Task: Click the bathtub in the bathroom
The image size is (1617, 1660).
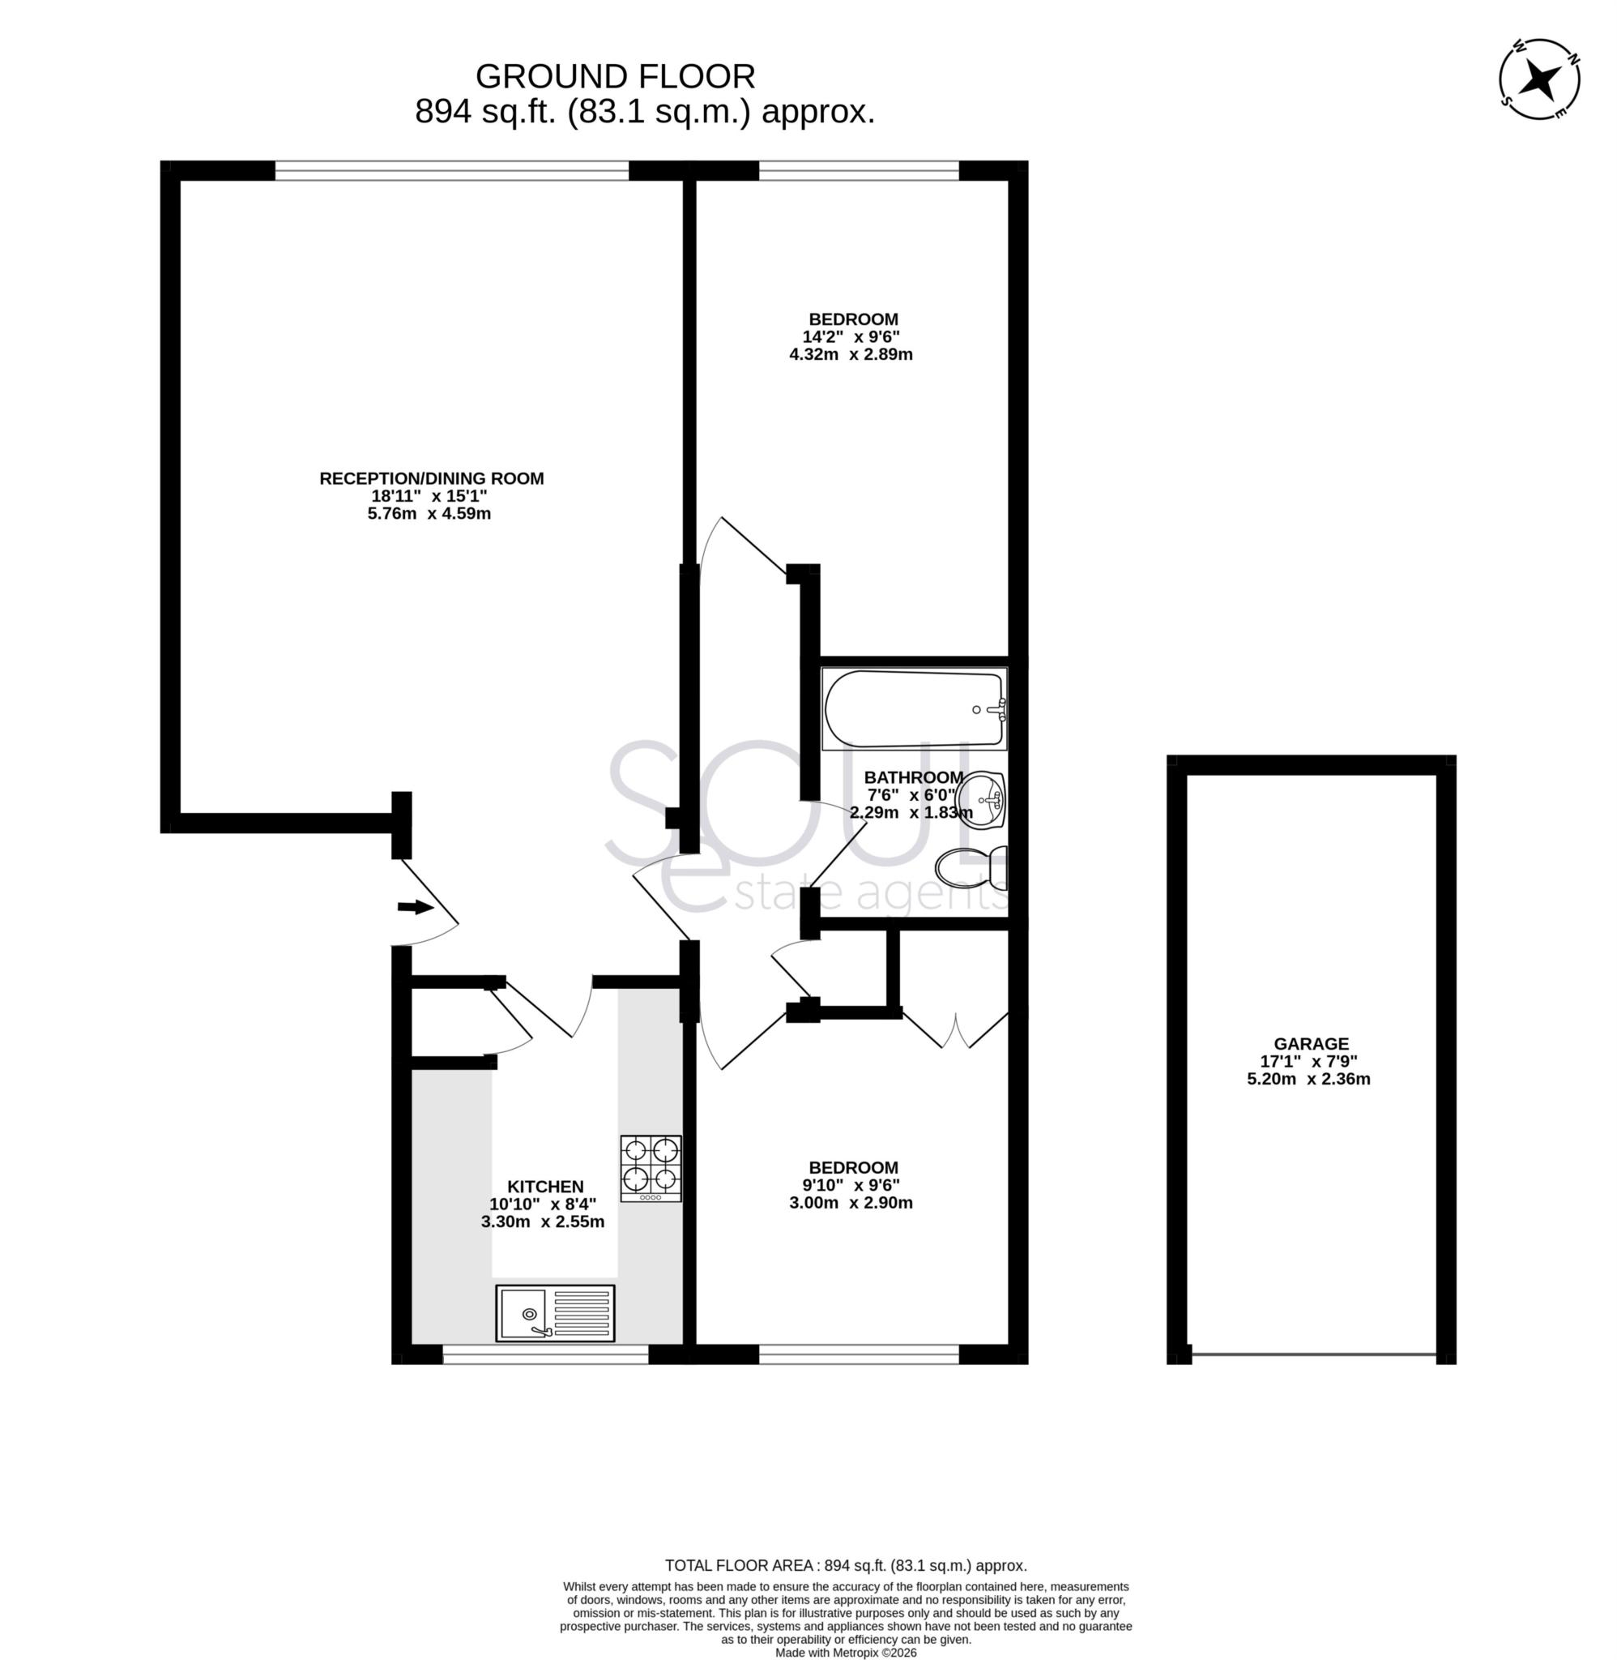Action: [914, 708]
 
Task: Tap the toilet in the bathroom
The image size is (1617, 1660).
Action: [970, 868]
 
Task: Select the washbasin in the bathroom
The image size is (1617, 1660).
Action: [982, 798]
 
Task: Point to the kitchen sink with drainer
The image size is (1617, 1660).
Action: [556, 1312]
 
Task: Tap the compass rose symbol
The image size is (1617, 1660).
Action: [1539, 79]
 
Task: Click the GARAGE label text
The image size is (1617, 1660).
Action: [1311, 1044]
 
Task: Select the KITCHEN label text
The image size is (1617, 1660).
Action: [545, 1187]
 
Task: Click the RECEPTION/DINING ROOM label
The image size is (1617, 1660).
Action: [432, 478]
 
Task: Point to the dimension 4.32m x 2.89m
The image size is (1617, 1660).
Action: [851, 354]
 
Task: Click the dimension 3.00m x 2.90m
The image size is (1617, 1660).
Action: [851, 1203]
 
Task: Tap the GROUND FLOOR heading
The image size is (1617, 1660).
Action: [615, 76]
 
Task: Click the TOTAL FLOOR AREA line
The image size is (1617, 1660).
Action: [845, 1566]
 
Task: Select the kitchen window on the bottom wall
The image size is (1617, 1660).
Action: [545, 1354]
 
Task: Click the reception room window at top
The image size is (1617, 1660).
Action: [452, 170]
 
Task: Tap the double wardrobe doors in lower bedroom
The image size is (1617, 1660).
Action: [955, 1029]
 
